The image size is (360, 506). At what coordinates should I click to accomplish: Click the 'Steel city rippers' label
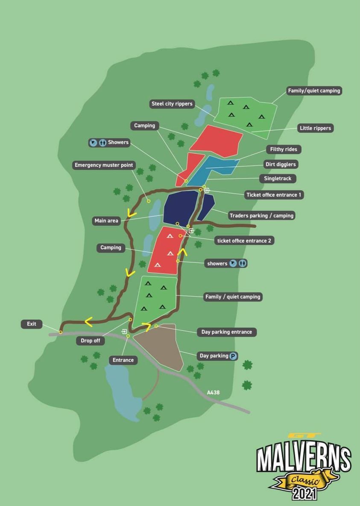click(172, 104)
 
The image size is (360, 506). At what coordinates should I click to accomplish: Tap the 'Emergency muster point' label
click(104, 165)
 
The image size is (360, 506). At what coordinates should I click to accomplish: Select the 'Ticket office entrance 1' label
click(274, 195)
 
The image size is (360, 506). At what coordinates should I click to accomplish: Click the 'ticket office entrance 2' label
click(244, 241)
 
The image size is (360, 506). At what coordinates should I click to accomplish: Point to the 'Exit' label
click(32, 324)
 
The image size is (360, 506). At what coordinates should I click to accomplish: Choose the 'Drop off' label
click(91, 340)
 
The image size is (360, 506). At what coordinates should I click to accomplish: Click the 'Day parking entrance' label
click(226, 332)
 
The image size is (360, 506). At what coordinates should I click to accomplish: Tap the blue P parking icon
click(233, 356)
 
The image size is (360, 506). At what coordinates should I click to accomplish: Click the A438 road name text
click(213, 392)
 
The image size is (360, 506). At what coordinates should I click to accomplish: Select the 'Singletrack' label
click(278, 178)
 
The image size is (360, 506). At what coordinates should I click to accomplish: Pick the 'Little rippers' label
click(315, 128)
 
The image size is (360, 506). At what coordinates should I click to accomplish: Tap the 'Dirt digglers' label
click(281, 164)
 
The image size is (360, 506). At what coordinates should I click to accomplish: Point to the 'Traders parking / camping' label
click(261, 215)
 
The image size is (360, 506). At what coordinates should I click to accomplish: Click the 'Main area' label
click(106, 221)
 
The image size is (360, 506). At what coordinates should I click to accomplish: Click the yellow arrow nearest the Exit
click(88, 322)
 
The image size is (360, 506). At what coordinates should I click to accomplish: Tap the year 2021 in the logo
click(304, 494)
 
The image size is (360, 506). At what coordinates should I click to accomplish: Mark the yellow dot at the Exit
click(61, 332)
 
